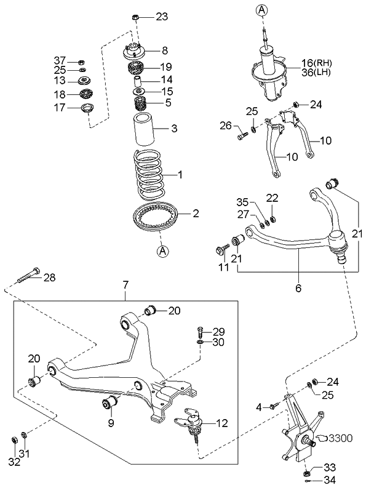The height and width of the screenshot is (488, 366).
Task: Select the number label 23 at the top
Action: [161, 17]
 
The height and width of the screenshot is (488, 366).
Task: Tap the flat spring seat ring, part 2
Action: [156, 218]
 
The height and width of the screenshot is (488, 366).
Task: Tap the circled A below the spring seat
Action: [162, 250]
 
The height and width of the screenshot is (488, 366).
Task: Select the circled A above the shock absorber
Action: [263, 9]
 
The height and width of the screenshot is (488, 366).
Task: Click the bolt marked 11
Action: [220, 250]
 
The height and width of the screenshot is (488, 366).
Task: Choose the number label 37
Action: [59, 60]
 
